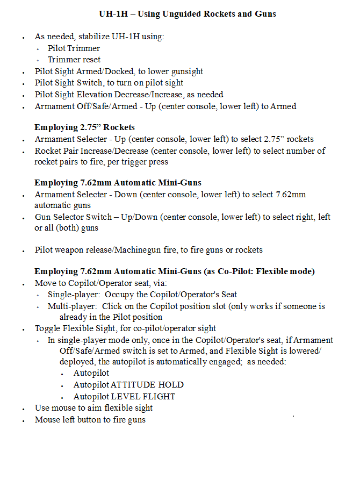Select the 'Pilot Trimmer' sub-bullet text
(x=74, y=48)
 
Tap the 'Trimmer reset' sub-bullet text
(x=74, y=60)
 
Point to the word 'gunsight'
(x=186, y=71)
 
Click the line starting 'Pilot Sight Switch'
(x=109, y=83)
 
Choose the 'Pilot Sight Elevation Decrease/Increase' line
(x=129, y=95)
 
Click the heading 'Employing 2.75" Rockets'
(x=84, y=127)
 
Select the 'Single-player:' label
(x=74, y=295)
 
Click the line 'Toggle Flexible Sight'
(x=125, y=328)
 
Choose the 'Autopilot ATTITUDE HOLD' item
(x=128, y=385)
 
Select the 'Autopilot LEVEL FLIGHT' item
(x=124, y=397)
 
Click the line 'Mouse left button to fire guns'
(x=90, y=420)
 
